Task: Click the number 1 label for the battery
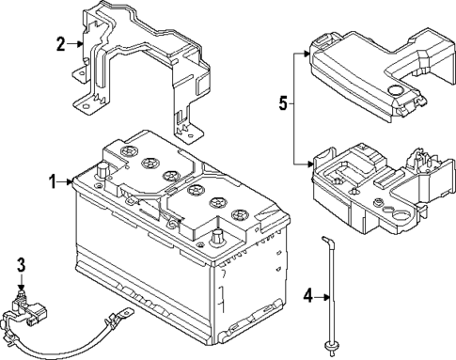(54, 180)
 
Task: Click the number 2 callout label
(60, 43)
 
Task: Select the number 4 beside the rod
(307, 299)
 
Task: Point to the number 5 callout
(281, 104)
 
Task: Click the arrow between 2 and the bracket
(74, 43)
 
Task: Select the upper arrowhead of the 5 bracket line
(307, 55)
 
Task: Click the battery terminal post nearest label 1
(100, 172)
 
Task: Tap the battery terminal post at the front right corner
(217, 238)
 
